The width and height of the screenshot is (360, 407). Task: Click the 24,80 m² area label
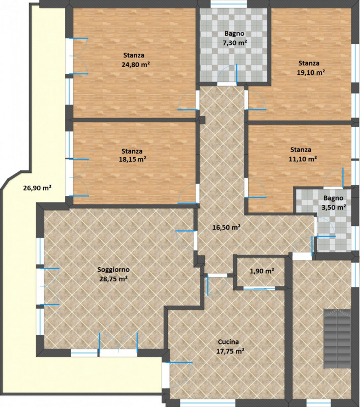pyautogui.click(x=136, y=65)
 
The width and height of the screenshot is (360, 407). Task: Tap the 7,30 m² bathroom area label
pyautogui.click(x=234, y=43)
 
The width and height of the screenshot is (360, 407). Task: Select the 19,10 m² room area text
pyautogui.click(x=311, y=72)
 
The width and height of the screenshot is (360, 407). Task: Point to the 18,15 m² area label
pyautogui.click(x=132, y=159)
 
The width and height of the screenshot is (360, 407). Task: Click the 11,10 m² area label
pyautogui.click(x=303, y=159)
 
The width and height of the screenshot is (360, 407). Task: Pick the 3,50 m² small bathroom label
pyautogui.click(x=334, y=208)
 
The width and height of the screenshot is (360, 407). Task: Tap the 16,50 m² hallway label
pyautogui.click(x=226, y=227)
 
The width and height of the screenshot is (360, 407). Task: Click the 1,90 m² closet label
pyautogui.click(x=262, y=271)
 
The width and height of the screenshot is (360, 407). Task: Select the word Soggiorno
pyautogui.click(x=113, y=270)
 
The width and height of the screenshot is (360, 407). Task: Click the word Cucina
pyautogui.click(x=228, y=342)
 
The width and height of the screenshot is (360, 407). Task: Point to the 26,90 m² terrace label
pyautogui.click(x=37, y=188)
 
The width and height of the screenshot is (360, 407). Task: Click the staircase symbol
pyautogui.click(x=337, y=338)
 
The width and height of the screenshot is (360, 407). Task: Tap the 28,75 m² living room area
pyautogui.click(x=113, y=279)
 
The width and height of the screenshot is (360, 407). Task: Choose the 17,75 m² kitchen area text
pyautogui.click(x=230, y=351)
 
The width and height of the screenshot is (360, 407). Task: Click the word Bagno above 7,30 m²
pyautogui.click(x=234, y=34)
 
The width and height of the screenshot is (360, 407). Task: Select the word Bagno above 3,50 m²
pyautogui.click(x=333, y=198)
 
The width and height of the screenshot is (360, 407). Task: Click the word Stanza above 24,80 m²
pyautogui.click(x=134, y=55)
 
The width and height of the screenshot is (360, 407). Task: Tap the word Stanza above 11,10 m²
pyautogui.click(x=301, y=150)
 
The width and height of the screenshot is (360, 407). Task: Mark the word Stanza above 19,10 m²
pyautogui.click(x=309, y=63)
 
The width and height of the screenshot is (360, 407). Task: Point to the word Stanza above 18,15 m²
pyautogui.click(x=132, y=151)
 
